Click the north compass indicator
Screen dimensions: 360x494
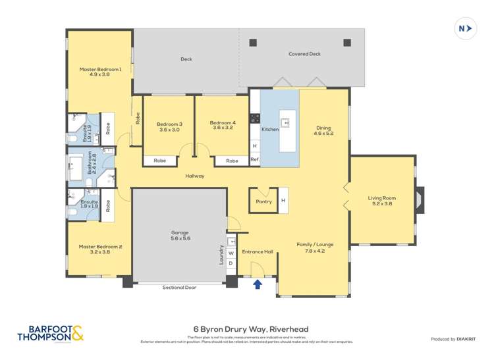pyautogui.click(x=466, y=28)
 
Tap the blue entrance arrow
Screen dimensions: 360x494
pyautogui.click(x=258, y=284)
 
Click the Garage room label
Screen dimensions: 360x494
pyautogui.click(x=180, y=236)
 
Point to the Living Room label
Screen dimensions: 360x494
pyautogui.click(x=382, y=201)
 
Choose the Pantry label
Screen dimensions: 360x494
pyautogui.click(x=263, y=201)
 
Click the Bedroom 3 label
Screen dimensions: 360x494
pyautogui.click(x=169, y=126)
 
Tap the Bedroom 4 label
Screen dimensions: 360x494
pyautogui.click(x=222, y=125)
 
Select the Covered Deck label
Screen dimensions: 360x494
pyautogui.click(x=304, y=54)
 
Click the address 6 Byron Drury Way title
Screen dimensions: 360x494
pyautogui.click(x=250, y=329)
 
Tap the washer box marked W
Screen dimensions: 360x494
pyautogui.click(x=231, y=253)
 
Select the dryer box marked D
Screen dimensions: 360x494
pyautogui.click(x=231, y=264)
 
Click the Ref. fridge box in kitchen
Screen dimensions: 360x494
pyautogui.click(x=254, y=159)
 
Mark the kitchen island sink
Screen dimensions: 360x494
pyautogui.click(x=285, y=122)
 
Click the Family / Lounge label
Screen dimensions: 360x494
pyautogui.click(x=319, y=247)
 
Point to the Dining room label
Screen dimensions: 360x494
pyautogui.click(x=324, y=131)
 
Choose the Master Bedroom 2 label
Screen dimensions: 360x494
pyautogui.click(x=100, y=250)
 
